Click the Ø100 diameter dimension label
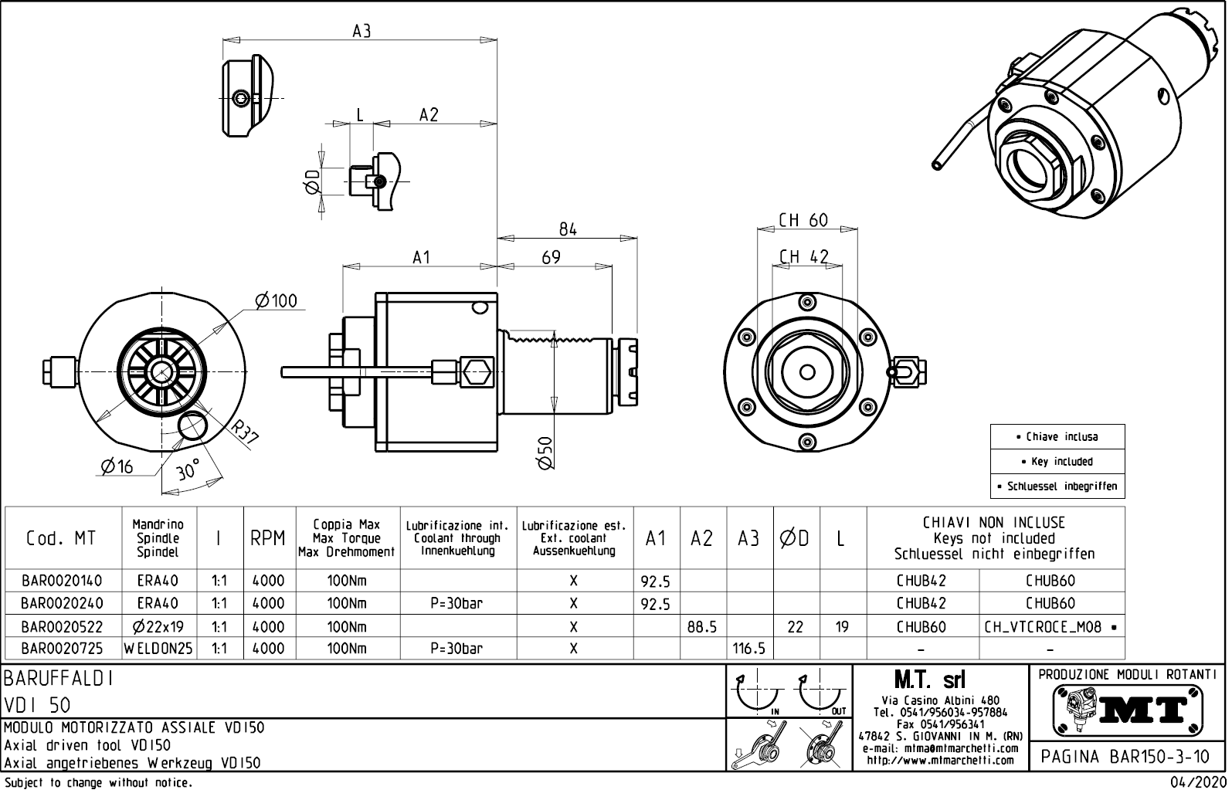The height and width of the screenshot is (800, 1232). (276, 300)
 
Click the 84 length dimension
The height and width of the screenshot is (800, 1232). (568, 229)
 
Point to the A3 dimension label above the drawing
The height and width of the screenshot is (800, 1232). (361, 31)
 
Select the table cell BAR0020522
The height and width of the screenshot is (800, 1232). (61, 627)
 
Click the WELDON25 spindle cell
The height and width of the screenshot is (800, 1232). (158, 649)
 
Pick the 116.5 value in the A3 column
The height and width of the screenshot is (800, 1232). (748, 649)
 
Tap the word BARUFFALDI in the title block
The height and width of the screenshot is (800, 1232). (59, 679)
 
